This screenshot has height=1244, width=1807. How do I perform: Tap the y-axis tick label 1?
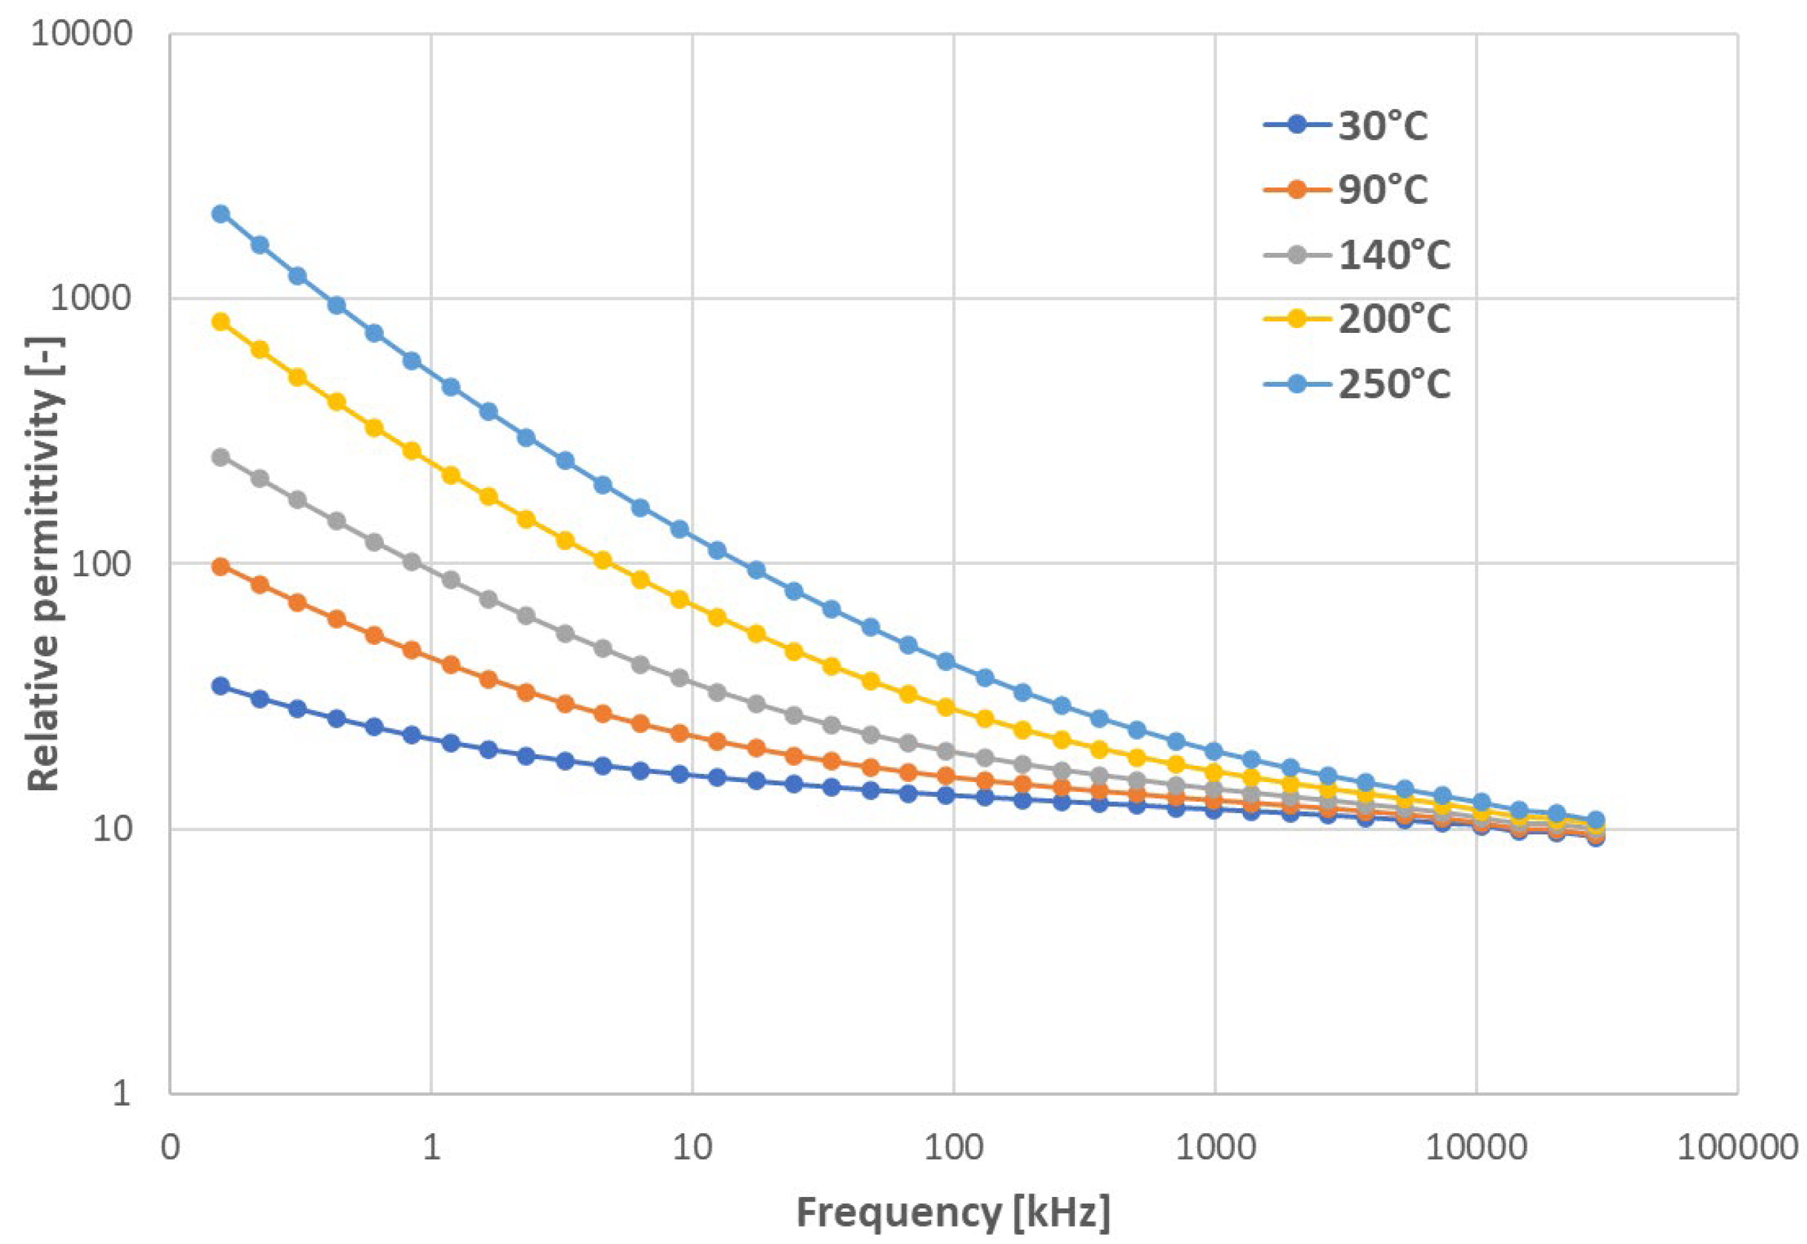[x=121, y=1093]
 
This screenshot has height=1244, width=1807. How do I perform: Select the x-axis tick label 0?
[x=170, y=1147]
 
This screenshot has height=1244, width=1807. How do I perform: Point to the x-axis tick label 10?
[x=692, y=1147]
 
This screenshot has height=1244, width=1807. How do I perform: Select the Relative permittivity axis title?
[x=44, y=563]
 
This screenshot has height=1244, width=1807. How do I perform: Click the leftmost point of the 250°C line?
[x=221, y=214]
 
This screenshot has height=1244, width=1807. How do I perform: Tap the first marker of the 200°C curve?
[x=221, y=321]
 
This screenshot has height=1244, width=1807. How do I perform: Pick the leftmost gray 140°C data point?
[x=221, y=457]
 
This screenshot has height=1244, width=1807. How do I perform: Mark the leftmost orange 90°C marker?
[x=221, y=567]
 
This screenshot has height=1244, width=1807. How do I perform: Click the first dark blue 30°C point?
[x=221, y=686]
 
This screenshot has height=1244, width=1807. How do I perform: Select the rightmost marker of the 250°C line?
[x=1595, y=820]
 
